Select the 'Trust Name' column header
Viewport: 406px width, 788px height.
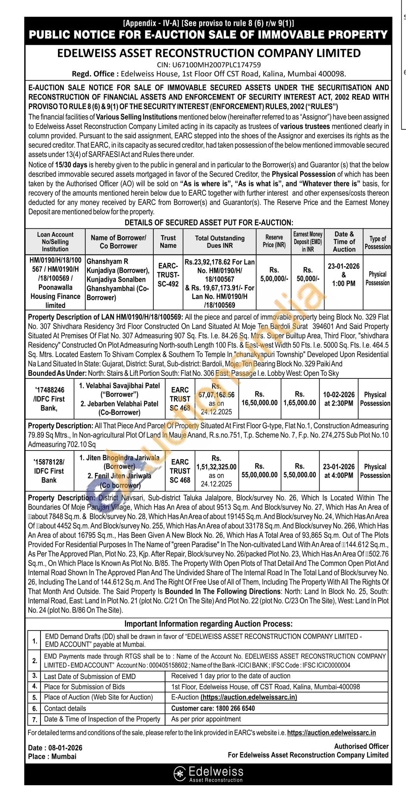168,242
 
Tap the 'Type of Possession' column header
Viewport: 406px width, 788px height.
377,242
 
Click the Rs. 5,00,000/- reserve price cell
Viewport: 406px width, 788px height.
274,274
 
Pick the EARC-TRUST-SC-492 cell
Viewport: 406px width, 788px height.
168,275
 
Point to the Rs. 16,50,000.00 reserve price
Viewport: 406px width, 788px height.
259,399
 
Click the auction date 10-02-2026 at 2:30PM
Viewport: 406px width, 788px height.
338,399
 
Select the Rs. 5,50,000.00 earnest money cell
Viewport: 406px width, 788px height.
299,470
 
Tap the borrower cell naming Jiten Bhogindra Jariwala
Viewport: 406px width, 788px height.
120,471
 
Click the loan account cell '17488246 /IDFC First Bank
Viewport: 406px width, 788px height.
49,399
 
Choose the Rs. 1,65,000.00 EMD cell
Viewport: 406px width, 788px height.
299,399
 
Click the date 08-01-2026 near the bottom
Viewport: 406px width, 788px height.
65,748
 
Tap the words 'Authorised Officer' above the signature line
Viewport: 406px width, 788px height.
361,746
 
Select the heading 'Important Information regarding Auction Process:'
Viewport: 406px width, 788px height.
208,624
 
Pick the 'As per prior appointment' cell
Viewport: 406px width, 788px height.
206,719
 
